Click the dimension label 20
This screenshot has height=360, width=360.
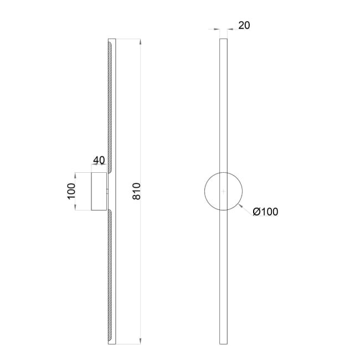point(244,25)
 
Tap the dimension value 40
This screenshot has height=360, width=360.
point(99,160)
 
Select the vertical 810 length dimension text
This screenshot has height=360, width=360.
point(137,191)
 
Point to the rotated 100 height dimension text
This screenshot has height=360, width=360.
point(71,191)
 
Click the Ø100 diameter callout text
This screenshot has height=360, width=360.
point(265,212)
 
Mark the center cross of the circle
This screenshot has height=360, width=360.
point(224,191)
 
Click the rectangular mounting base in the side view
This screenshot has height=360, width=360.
point(99,191)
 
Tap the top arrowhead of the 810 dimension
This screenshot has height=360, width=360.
point(141,42)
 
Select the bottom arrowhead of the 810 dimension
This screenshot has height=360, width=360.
point(141,341)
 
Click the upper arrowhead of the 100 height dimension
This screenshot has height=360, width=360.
point(75,176)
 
